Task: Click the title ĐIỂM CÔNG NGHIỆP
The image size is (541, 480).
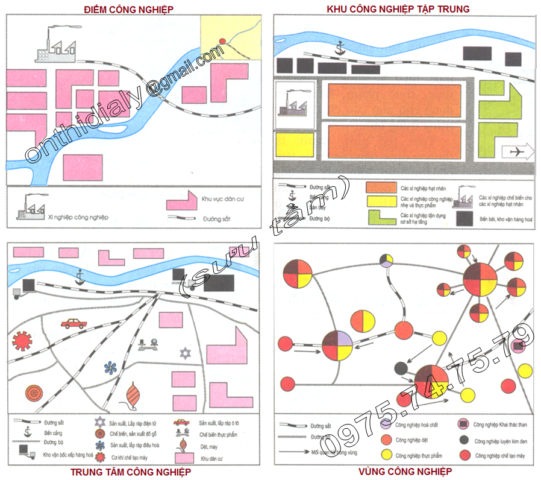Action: click(x=129, y=9)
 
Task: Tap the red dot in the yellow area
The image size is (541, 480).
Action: click(x=222, y=41)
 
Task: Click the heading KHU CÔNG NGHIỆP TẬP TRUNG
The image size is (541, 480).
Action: click(x=398, y=9)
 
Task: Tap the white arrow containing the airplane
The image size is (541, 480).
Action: click(x=518, y=151)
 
